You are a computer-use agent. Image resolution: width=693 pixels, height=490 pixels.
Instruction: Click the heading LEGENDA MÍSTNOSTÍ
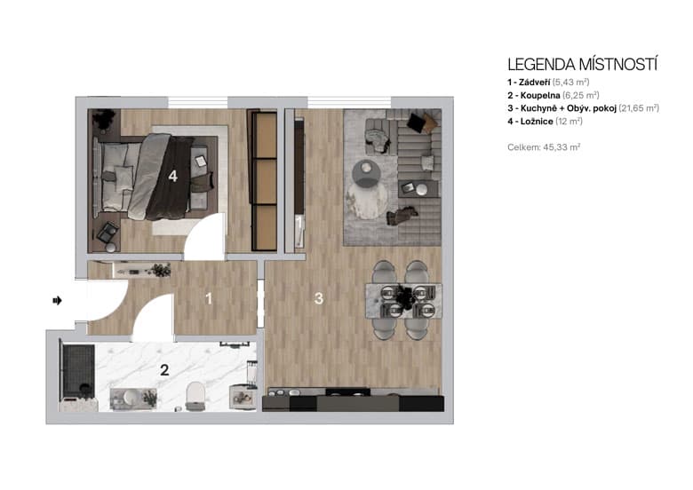pos(581,64)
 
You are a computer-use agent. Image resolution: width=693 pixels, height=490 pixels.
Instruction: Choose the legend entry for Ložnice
pos(545,120)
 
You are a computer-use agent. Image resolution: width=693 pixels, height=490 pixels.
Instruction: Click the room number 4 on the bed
pos(172,176)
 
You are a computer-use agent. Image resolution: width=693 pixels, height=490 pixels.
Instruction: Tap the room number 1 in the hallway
pos(209,299)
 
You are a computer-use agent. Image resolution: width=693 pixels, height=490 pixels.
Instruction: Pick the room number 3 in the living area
pos(318,299)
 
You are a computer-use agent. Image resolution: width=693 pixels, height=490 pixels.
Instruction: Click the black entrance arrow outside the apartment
pos(58,301)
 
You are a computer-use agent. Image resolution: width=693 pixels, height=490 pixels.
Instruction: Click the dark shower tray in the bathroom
pos(76,371)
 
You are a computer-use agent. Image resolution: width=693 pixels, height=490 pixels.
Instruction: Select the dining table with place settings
pos(403,299)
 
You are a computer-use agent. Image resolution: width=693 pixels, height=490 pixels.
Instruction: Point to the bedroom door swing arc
pos(207,238)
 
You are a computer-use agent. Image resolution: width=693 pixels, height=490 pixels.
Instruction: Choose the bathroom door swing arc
pos(153,317)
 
